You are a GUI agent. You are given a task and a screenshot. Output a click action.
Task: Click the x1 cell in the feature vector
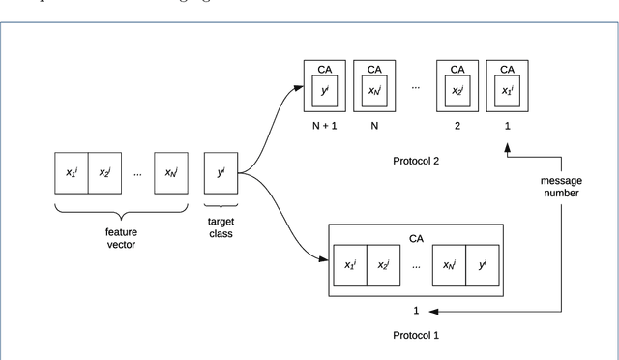pos(72,172)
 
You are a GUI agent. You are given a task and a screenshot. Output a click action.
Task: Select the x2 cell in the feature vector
pos(104,172)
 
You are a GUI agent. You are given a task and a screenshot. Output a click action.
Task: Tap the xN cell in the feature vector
pos(170,172)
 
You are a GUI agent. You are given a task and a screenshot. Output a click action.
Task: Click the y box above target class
pos(221,172)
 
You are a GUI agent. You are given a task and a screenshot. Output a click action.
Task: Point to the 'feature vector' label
pos(121,237)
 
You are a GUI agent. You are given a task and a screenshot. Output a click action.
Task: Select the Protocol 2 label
pos(416,161)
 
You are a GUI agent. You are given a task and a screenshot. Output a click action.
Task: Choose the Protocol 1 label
pos(416,335)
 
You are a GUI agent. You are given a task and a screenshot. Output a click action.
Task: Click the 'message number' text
pos(560,186)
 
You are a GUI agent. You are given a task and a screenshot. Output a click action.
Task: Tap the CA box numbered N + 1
pos(324,87)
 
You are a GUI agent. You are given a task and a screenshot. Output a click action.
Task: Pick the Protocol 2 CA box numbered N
pos(372,87)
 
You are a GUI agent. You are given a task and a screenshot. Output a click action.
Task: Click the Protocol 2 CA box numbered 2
pos(457,87)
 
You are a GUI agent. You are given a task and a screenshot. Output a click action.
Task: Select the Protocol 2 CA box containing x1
pos(505,87)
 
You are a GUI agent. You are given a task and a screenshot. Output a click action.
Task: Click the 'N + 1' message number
pos(324,126)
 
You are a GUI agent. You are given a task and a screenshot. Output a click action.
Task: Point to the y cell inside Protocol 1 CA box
pos(481,264)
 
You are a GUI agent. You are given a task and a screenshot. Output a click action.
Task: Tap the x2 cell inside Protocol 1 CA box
pos(384,264)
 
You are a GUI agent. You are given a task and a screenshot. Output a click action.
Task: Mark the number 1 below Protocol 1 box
pos(416,311)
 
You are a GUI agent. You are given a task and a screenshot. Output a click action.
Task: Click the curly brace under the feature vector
pos(121,211)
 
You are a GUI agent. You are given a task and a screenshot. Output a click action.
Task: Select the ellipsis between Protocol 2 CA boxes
pos(416,87)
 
